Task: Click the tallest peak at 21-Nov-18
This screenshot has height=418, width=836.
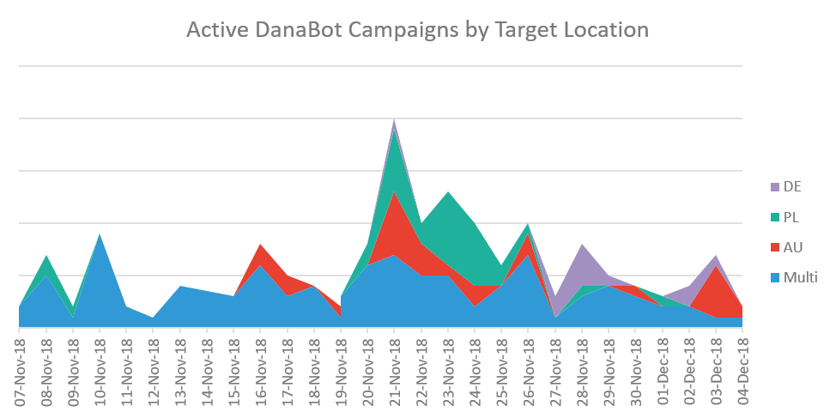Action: click(x=394, y=122)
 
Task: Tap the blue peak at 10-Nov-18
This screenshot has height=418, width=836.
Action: click(x=100, y=236)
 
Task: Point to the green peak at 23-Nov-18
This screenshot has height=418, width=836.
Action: click(x=447, y=195)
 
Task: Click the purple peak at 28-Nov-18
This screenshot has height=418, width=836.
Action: click(x=582, y=247)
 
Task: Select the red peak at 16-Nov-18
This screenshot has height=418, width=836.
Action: click(x=260, y=247)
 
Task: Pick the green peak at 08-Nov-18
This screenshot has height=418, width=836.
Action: click(x=45, y=257)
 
